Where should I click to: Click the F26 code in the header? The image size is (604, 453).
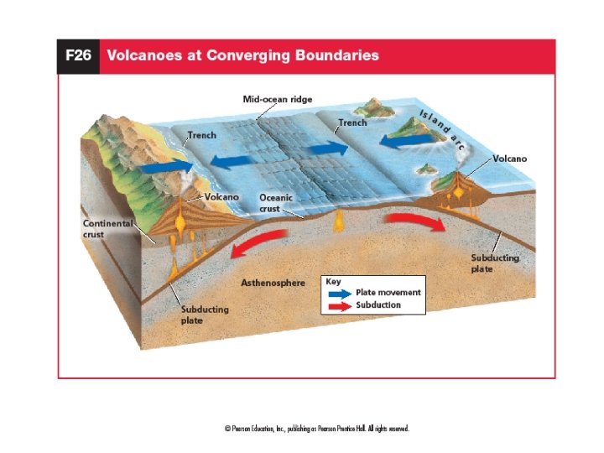click(78, 56)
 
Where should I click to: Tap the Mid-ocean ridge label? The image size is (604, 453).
click(278, 99)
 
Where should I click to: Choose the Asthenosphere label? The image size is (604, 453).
click(273, 284)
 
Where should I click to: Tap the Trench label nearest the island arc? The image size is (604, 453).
click(352, 122)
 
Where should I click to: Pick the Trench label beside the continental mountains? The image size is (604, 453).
click(201, 134)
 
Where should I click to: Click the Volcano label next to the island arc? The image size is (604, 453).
click(510, 158)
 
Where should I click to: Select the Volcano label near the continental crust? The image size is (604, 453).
click(222, 196)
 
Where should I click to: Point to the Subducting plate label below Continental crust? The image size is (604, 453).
click(205, 315)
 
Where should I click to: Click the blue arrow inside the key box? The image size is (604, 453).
click(338, 293)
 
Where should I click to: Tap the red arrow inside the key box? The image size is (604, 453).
click(338, 305)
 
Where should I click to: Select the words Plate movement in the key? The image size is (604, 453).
click(388, 293)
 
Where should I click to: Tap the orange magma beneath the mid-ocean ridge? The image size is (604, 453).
click(340, 221)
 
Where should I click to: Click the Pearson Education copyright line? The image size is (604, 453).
click(317, 429)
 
